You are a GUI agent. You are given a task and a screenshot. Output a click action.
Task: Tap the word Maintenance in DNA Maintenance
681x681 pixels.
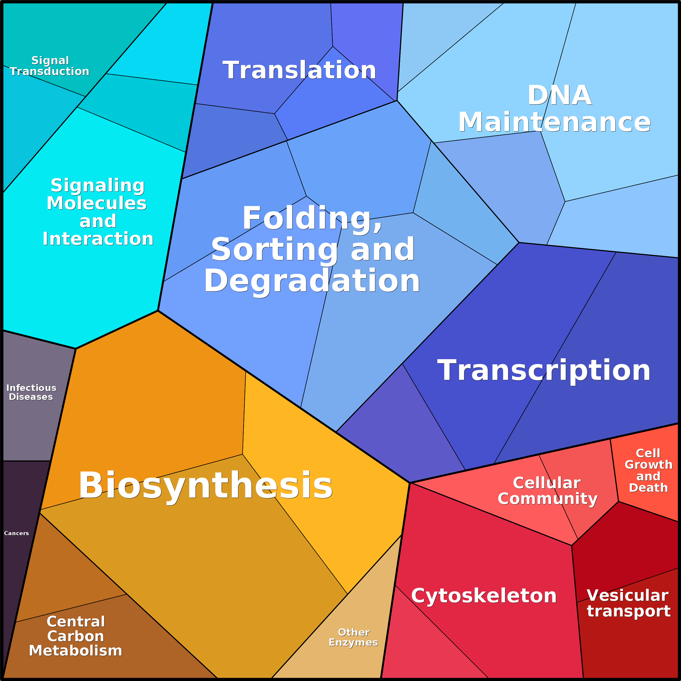554,122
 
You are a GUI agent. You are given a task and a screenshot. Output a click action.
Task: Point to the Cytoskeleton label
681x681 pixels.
484,596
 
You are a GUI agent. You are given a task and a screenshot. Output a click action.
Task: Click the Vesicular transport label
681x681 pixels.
628,603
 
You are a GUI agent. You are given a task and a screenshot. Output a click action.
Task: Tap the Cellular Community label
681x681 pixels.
547,491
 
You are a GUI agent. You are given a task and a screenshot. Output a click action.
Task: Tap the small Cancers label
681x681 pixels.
17,533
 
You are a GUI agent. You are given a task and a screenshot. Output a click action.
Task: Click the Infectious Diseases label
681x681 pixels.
31,392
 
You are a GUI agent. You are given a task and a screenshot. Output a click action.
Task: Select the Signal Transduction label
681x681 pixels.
50,66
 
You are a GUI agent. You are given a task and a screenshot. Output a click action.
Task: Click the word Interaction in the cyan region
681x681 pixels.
98,239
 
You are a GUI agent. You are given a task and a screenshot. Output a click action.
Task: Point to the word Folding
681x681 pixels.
311,218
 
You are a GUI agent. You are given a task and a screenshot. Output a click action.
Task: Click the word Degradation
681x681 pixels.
311,281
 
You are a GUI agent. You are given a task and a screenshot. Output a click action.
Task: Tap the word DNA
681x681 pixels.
559,95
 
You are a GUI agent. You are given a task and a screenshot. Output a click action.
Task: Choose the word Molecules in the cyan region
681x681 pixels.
97,203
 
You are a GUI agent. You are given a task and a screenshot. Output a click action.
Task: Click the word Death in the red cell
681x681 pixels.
648,487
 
